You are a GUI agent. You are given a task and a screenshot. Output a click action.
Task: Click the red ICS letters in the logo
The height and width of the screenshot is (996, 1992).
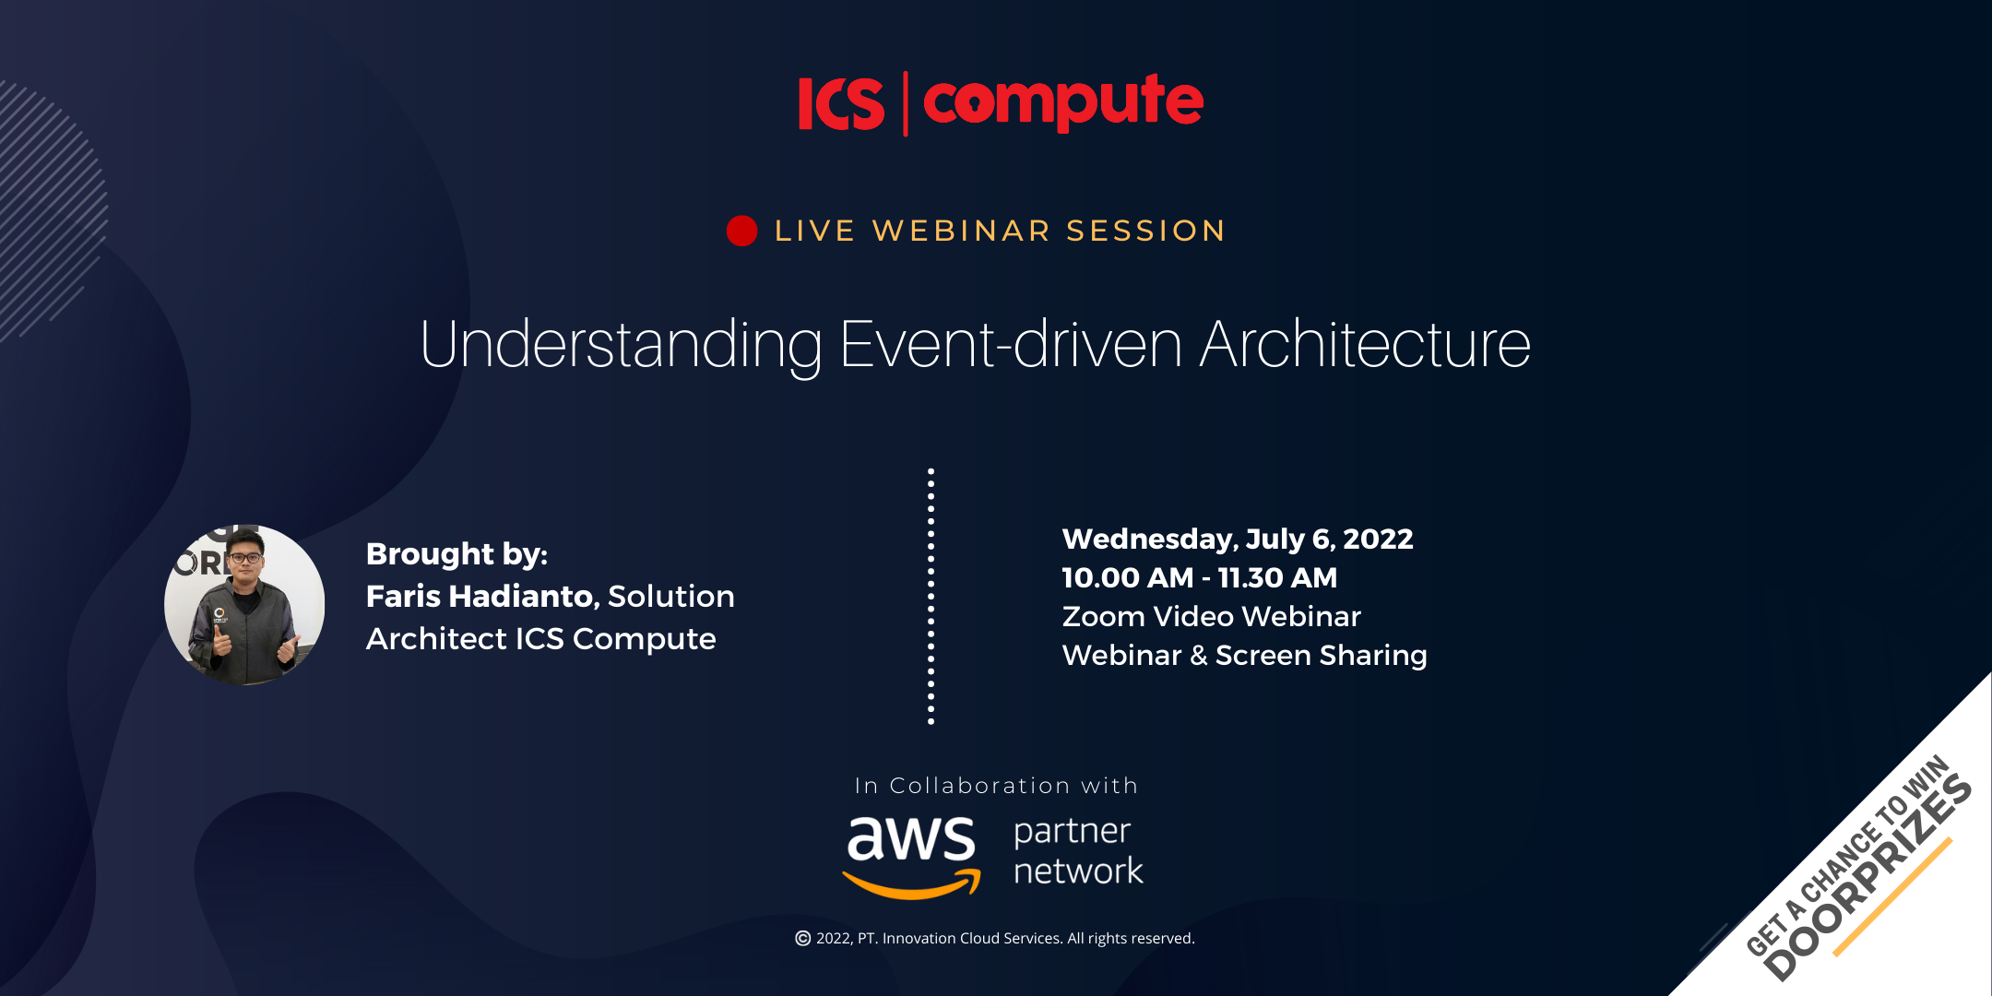[841, 103]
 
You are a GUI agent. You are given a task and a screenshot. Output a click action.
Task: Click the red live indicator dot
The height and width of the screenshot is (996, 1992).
[741, 231]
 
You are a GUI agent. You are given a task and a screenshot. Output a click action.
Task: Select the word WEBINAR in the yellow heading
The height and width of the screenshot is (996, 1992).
[962, 231]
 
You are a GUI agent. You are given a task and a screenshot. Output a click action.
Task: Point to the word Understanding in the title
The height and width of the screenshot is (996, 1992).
[621, 345]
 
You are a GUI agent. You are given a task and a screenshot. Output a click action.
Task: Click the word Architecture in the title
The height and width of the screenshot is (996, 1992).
[1366, 345]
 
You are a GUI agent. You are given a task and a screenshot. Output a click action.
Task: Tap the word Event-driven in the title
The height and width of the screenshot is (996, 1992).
[1012, 345]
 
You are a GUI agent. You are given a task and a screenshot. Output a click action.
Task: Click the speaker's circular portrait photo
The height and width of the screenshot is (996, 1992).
[244, 605]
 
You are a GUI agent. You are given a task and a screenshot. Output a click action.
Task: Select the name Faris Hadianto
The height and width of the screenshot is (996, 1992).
[482, 596]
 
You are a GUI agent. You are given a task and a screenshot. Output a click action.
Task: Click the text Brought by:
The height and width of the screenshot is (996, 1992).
[456, 554]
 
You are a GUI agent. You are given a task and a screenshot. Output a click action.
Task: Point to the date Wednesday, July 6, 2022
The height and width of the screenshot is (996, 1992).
[1238, 539]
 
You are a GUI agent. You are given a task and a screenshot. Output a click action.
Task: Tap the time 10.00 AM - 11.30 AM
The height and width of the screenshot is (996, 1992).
[1200, 577]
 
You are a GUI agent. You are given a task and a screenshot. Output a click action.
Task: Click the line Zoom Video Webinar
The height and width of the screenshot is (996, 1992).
[1212, 616]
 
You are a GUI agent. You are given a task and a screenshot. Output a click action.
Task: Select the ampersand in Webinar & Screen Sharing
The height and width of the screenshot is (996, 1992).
[1199, 655]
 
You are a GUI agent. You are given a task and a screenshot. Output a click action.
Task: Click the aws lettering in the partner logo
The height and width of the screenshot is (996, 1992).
[911, 838]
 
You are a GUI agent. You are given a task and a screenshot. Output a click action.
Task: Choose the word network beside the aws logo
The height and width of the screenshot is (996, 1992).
[1078, 871]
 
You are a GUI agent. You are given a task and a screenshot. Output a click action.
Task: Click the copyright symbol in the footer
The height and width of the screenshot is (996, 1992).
[803, 938]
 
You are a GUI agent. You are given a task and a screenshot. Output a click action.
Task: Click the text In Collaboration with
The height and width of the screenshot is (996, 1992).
[996, 786]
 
